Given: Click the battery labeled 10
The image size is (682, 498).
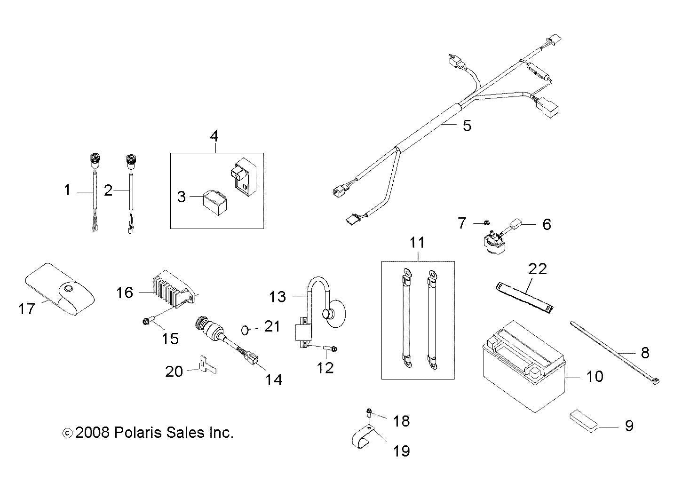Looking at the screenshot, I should (524, 367).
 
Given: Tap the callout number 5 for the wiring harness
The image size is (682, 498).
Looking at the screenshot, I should (466, 126).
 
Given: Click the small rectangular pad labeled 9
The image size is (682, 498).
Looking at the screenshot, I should (584, 419).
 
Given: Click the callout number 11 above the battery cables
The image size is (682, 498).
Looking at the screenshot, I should (417, 243).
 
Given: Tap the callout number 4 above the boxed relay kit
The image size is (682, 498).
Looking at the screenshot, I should (214, 136).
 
